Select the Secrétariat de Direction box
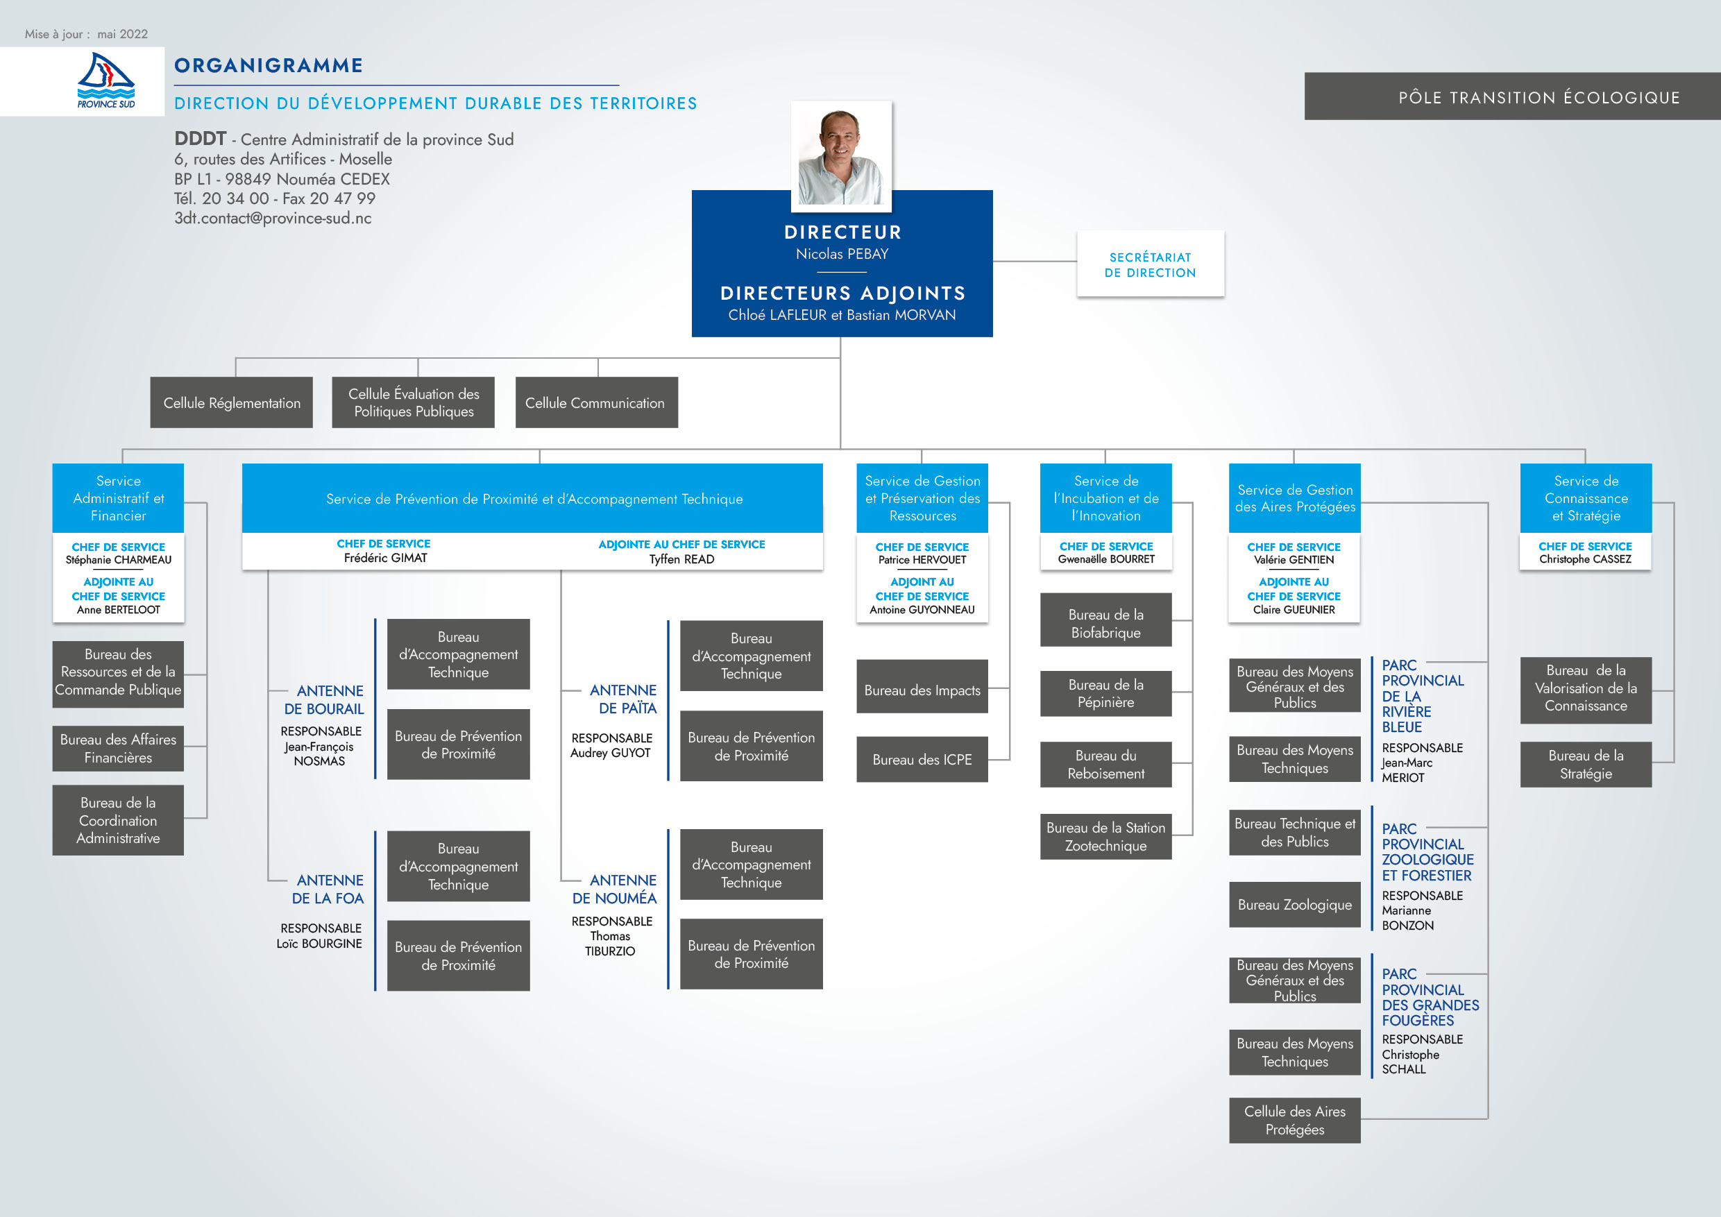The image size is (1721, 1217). (1150, 264)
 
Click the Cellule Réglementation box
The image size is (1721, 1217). (232, 403)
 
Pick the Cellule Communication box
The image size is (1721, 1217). (596, 403)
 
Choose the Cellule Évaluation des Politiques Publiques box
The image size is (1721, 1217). (413, 403)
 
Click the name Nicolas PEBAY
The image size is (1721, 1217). (842, 254)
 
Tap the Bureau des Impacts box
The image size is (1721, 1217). (922, 690)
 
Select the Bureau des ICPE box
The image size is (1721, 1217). (922, 760)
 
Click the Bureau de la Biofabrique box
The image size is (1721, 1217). (1105, 623)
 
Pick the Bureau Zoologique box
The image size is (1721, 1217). (1294, 905)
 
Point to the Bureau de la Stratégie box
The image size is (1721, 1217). (1585, 765)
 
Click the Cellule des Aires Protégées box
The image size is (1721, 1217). (1294, 1121)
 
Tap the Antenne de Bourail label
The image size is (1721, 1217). (324, 700)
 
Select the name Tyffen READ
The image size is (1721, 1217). (681, 559)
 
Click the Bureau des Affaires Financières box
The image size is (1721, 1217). (118, 748)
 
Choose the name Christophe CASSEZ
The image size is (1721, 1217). (1584, 559)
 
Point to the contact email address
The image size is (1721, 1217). (273, 218)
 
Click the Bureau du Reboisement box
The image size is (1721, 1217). (1105, 765)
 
